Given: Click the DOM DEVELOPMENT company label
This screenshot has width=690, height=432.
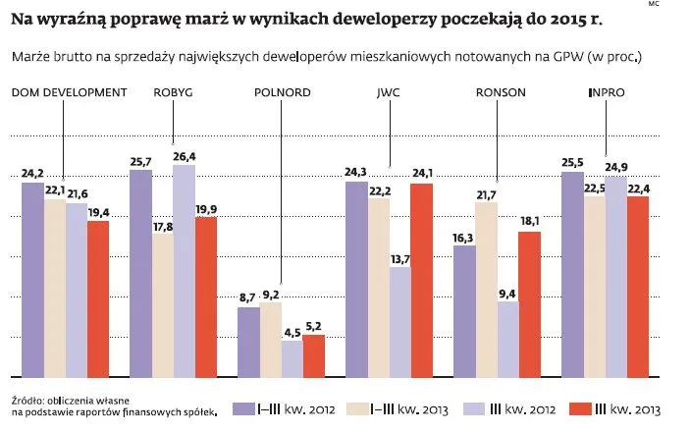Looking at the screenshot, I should tap(69, 92).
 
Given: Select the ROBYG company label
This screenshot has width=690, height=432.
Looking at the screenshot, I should tap(173, 92).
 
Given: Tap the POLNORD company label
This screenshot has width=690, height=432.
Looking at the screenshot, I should tap(281, 92).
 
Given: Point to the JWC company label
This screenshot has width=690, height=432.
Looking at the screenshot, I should tap(389, 92).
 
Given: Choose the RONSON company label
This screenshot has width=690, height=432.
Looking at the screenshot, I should tap(501, 92).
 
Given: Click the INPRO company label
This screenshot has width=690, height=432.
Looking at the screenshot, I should tap(606, 92).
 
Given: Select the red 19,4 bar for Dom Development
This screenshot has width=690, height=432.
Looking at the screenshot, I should tap(98, 298).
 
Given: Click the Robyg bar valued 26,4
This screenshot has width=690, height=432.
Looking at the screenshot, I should tap(184, 270).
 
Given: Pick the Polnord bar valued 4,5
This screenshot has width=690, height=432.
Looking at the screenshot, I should tap(292, 358).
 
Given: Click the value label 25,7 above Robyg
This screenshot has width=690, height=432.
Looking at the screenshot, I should tap(140, 161).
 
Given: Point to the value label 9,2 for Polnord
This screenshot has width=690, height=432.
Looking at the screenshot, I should tap(271, 294).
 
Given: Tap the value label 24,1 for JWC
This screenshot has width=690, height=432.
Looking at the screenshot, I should tap(421, 175).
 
